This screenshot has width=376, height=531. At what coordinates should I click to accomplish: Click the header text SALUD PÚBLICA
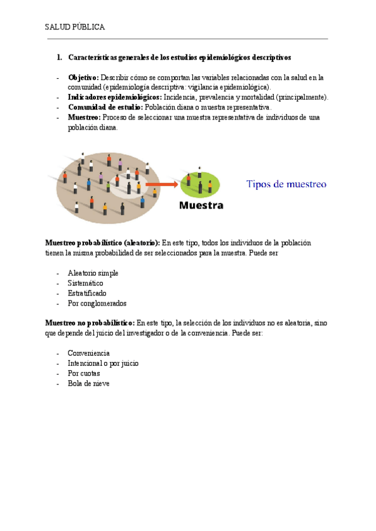coord(75,28)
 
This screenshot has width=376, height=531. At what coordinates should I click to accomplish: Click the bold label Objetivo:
coord(83,78)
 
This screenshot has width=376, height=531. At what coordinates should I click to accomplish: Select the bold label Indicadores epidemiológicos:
coord(114,97)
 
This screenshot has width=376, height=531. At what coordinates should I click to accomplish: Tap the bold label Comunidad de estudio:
coord(105,107)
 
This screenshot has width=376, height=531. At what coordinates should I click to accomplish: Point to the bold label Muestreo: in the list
coord(84,117)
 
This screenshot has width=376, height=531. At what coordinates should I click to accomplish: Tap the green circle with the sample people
coord(200,183)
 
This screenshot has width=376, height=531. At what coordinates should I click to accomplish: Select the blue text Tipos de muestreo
coord(286,184)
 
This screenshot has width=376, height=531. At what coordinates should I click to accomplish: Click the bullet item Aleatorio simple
coord(93,273)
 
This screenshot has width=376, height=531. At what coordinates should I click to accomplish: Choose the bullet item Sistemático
coord(85,283)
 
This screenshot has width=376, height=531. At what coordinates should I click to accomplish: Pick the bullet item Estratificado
coord(87,293)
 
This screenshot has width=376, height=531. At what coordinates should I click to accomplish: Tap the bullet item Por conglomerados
coord(97,303)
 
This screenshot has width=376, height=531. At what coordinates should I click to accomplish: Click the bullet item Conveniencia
coord(88,353)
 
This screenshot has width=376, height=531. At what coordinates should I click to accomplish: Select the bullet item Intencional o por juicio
coord(103,363)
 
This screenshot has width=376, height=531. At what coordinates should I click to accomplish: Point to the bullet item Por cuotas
coord(83,373)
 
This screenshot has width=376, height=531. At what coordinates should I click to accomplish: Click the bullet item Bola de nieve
coord(88,383)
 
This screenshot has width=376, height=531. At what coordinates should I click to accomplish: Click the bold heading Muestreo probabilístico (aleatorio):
coord(103,243)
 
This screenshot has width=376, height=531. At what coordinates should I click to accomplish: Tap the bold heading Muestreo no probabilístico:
coord(90,323)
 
